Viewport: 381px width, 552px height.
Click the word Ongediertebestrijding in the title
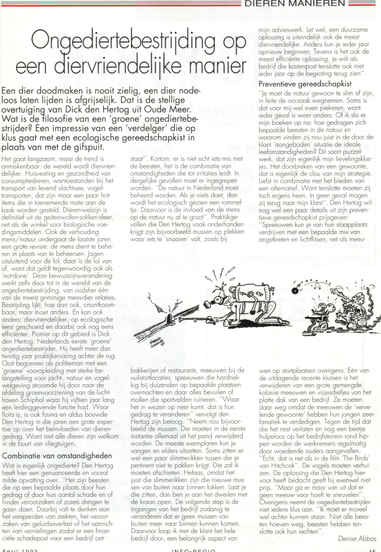123,42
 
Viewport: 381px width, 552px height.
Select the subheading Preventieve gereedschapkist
305,84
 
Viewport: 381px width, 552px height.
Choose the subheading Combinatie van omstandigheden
57,456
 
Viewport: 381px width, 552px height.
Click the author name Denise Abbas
357,538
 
